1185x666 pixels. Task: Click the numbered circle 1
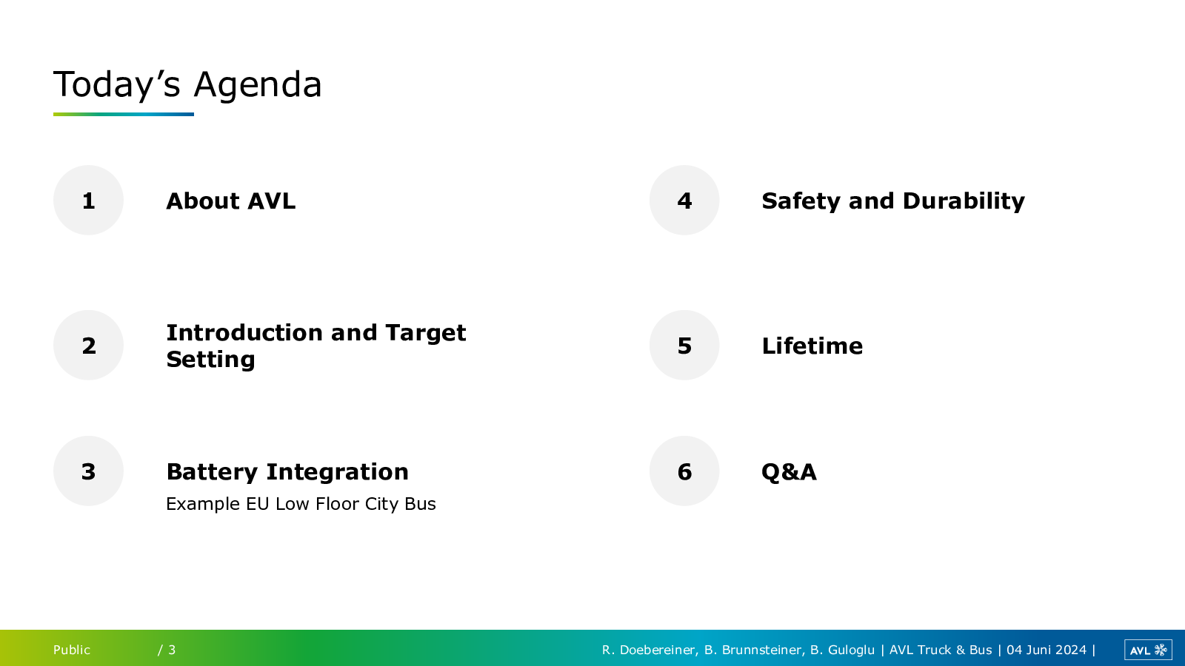point(88,201)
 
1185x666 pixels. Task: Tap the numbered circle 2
point(88,345)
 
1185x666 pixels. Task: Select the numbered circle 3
point(88,471)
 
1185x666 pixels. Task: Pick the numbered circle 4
point(684,201)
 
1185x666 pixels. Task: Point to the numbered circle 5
point(684,345)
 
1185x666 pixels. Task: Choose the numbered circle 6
point(684,471)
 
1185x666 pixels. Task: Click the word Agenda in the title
point(258,86)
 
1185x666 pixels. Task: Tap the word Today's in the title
point(117,84)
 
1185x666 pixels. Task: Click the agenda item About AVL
point(230,201)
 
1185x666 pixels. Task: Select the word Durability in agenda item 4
point(964,201)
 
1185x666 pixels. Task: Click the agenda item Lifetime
point(812,346)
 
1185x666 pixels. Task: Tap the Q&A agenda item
point(789,472)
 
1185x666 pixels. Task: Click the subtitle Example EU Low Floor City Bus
point(301,504)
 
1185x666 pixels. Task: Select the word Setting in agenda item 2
point(210,360)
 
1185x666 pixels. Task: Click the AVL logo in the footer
point(1148,650)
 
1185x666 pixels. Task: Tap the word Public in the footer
point(71,650)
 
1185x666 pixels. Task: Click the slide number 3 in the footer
point(172,650)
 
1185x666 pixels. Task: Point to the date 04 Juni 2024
point(1047,650)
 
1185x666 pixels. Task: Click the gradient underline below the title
point(123,114)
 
